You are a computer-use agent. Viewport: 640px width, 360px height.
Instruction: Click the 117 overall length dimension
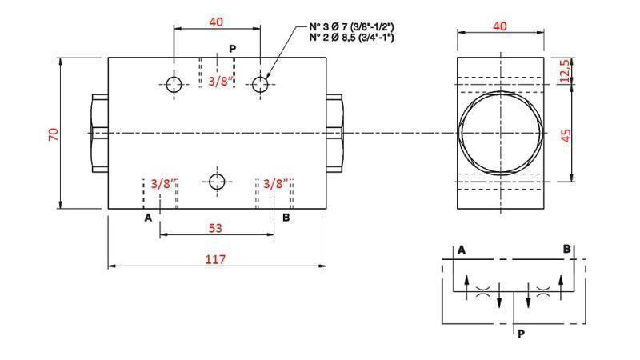(215, 258)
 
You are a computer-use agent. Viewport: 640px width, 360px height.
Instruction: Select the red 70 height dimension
(54, 133)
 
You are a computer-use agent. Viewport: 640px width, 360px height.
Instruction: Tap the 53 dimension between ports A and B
(215, 228)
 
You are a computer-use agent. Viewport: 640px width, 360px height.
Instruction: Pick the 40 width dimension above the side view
(499, 26)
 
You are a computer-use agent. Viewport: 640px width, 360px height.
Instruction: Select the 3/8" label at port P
(221, 81)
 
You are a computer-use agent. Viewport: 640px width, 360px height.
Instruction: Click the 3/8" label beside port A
(162, 183)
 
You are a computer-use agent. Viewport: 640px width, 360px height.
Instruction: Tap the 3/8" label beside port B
(275, 183)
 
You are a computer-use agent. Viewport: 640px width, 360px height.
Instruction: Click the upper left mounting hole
(174, 84)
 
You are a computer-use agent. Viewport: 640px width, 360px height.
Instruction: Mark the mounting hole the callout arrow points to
(258, 84)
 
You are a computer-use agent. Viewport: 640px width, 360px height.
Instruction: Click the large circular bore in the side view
(499, 133)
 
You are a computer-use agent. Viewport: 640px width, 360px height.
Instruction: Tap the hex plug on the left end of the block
(99, 133)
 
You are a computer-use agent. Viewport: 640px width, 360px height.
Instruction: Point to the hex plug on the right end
(334, 133)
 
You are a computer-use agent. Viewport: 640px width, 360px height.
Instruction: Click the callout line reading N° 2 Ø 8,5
(351, 38)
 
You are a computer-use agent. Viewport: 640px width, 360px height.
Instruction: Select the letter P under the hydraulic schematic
(521, 334)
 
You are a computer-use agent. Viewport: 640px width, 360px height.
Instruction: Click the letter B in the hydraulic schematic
(566, 250)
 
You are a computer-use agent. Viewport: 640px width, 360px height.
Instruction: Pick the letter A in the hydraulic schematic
(462, 250)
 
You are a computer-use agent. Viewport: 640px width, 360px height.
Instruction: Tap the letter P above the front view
(232, 49)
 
